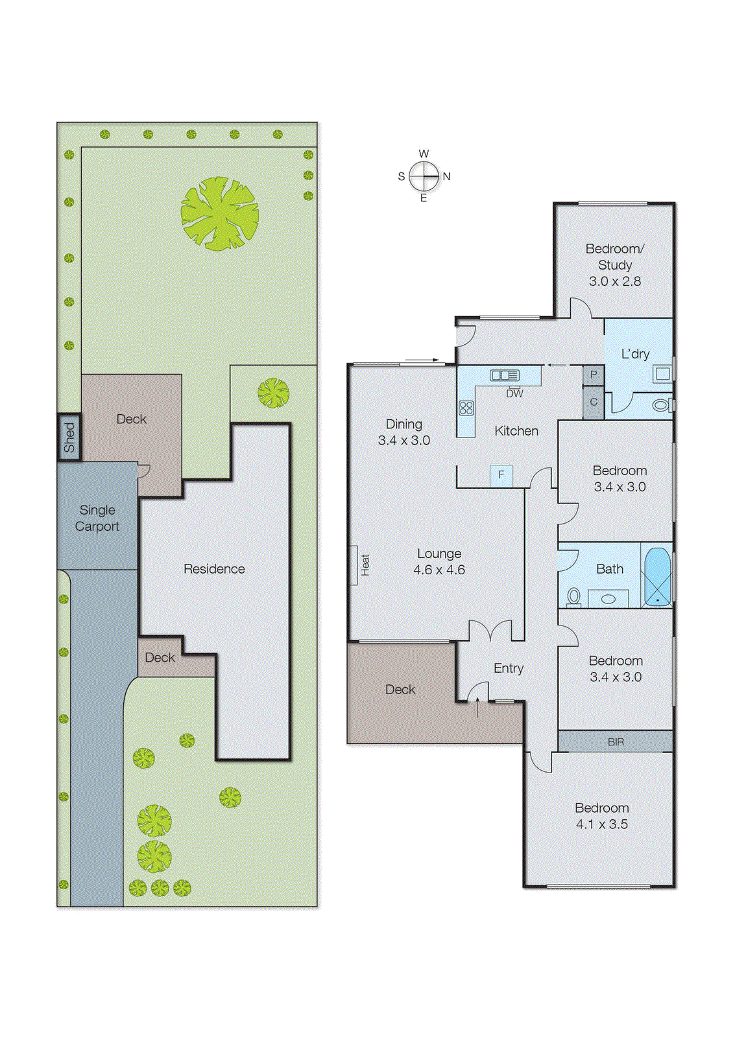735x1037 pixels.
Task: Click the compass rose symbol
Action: [x=424, y=176]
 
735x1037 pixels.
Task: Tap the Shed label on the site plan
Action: [x=69, y=437]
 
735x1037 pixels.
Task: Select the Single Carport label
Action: [x=97, y=518]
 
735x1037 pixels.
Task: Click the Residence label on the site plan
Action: [x=214, y=569]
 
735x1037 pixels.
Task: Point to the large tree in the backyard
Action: [x=220, y=214]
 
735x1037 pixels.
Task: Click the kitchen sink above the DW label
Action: [x=505, y=375]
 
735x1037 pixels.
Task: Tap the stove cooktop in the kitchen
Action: [x=466, y=408]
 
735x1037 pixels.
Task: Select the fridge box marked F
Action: [x=501, y=475]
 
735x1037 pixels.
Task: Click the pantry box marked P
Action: [x=594, y=375]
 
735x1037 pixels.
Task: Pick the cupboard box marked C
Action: [x=594, y=402]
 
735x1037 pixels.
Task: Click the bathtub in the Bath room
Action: [x=657, y=576]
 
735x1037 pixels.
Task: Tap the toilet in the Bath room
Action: [x=573, y=595]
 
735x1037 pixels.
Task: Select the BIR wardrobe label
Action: [x=616, y=742]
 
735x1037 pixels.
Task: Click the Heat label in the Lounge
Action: [x=365, y=565]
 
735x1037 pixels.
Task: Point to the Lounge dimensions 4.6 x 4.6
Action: [x=439, y=570]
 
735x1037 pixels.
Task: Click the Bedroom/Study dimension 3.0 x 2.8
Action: [x=614, y=281]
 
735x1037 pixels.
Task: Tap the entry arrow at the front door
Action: [x=478, y=707]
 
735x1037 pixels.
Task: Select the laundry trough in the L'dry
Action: [x=662, y=374]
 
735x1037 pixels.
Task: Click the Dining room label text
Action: [x=404, y=424]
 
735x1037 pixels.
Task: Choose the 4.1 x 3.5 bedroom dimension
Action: [x=601, y=824]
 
